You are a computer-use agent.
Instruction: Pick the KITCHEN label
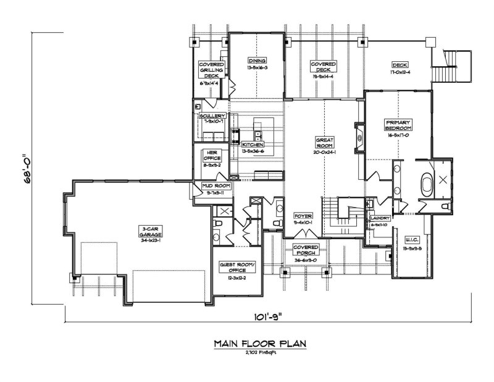click(x=253, y=145)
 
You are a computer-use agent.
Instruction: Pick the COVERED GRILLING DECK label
click(x=211, y=69)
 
